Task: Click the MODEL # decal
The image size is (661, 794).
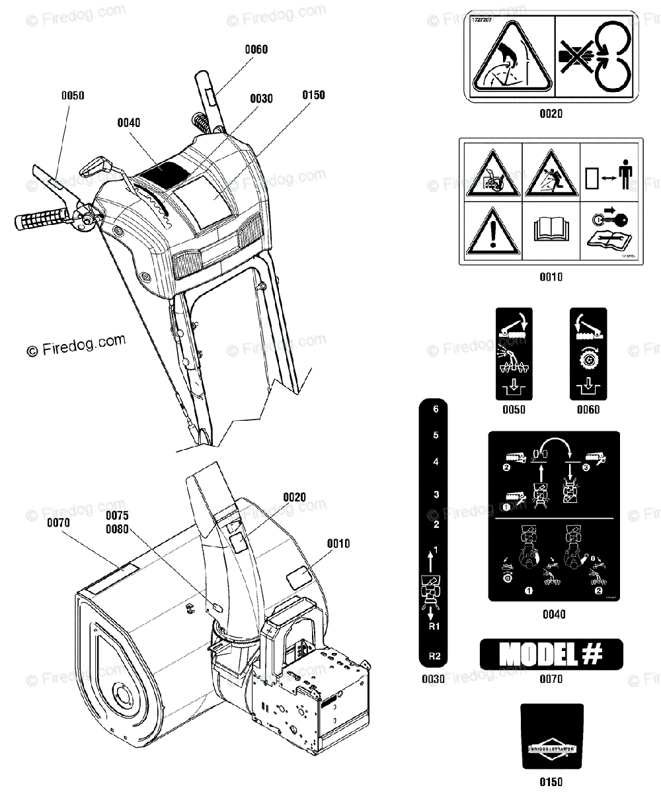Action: tap(551, 654)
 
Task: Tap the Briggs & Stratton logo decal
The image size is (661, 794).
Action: tap(552, 747)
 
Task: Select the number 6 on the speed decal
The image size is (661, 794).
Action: tap(436, 410)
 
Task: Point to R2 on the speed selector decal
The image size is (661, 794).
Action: tap(435, 656)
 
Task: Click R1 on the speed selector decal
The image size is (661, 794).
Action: tap(435, 625)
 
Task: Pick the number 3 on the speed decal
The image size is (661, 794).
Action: tap(436, 494)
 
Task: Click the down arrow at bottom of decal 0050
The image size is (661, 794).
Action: tap(514, 386)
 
